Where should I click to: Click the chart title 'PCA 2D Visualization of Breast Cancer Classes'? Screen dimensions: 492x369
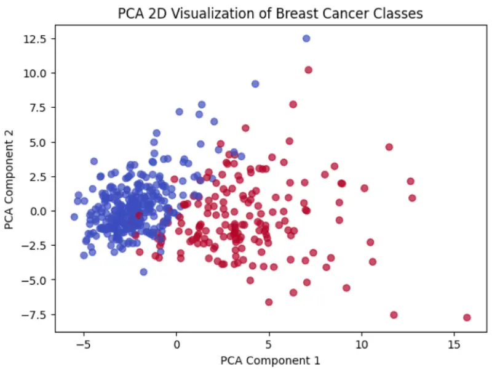[270, 14]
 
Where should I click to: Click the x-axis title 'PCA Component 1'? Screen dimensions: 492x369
[270, 360]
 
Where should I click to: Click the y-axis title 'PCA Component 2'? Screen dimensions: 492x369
[9, 179]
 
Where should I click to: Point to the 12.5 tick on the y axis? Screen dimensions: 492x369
[35, 39]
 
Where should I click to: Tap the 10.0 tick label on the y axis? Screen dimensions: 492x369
[35, 73]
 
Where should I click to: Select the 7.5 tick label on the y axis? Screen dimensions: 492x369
[38, 108]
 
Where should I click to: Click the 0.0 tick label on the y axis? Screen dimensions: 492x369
[38, 211]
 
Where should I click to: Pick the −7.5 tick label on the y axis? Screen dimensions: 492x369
[34, 315]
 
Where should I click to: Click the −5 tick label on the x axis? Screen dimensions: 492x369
[84, 345]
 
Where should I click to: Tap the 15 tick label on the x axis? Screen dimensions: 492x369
[454, 345]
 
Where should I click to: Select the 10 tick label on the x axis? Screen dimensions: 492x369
[362, 345]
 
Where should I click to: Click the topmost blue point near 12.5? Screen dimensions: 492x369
[306, 39]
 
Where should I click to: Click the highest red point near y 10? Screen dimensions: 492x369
[309, 70]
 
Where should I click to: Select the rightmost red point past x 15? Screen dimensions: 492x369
[467, 317]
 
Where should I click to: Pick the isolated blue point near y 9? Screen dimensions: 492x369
[255, 84]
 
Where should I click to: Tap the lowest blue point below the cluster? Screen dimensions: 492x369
[143, 272]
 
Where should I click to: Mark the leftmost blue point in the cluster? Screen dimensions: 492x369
[74, 217]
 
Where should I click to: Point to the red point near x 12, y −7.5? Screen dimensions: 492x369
[394, 315]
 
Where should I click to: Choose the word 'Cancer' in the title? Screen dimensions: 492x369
[344, 14]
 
